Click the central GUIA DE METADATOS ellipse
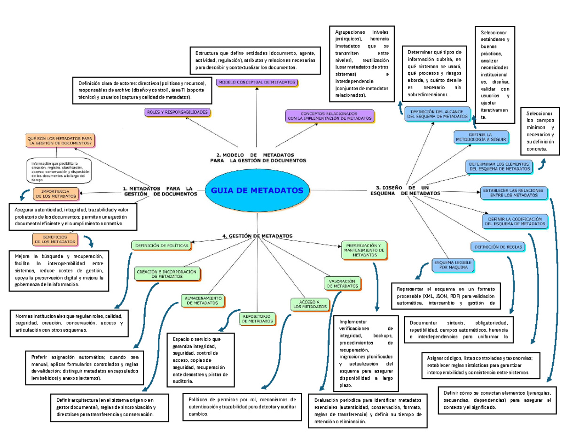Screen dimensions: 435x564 tap(257, 190)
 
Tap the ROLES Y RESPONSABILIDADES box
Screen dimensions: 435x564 tap(178, 113)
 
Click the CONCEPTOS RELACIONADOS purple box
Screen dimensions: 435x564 tap(329, 116)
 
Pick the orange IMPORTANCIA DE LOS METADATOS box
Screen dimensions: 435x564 tap(56, 193)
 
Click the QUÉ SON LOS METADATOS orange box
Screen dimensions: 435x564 tap(61, 141)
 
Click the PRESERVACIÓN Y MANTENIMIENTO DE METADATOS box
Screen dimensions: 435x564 tap(364, 250)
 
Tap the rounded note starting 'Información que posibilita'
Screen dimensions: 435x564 tap(59, 171)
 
